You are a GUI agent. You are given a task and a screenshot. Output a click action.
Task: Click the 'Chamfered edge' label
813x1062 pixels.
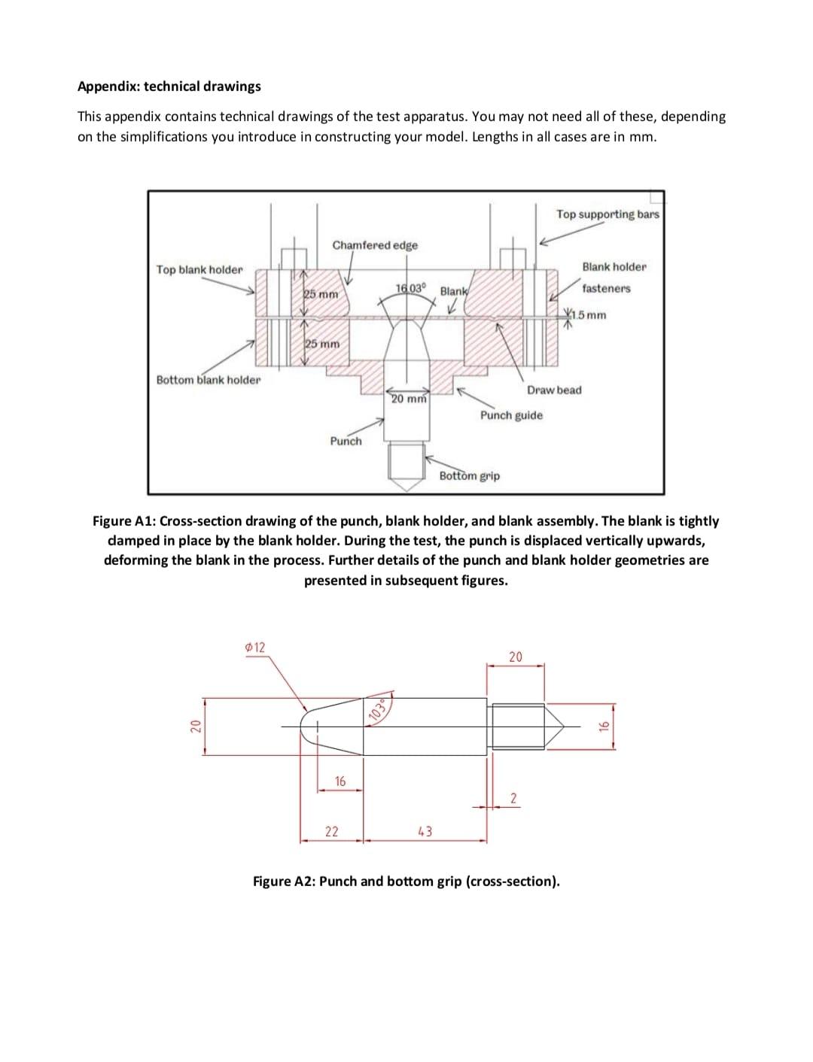pos(375,245)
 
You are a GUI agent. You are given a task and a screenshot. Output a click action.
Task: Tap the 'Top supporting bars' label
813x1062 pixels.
pos(607,214)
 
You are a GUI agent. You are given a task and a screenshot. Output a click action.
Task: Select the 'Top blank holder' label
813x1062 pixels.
pos(199,269)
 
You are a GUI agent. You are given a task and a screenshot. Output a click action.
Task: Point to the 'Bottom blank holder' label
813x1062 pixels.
pos(209,380)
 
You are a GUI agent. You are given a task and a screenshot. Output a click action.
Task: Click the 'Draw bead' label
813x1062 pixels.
pos(554,390)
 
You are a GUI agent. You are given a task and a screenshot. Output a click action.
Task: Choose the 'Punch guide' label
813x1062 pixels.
pos(511,415)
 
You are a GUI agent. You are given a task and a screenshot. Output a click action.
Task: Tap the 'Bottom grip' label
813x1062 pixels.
pos(469,475)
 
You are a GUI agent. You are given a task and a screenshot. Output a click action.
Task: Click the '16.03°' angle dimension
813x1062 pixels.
pos(410,288)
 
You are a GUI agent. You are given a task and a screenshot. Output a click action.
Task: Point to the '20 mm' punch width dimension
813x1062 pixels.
pos(409,399)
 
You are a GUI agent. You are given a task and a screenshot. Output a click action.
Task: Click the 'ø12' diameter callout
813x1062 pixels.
pos(255,647)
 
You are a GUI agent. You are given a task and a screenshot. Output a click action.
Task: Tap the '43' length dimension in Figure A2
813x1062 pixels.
pos(425,831)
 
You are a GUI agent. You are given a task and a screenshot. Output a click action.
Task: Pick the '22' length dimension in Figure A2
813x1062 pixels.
pos(331,831)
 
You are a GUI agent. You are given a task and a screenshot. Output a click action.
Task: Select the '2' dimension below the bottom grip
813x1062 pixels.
pos(513,797)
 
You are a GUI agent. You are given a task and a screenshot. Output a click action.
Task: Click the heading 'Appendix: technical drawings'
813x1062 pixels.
pos(169,86)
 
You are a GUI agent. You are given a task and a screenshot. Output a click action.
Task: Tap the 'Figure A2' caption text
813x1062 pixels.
pos(406,881)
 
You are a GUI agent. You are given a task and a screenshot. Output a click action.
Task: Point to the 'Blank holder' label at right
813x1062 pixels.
pos(614,267)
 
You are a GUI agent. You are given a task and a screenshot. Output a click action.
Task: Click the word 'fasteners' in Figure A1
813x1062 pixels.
pos(606,288)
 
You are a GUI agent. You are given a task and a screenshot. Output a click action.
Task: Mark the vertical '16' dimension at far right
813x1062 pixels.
pos(602,726)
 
